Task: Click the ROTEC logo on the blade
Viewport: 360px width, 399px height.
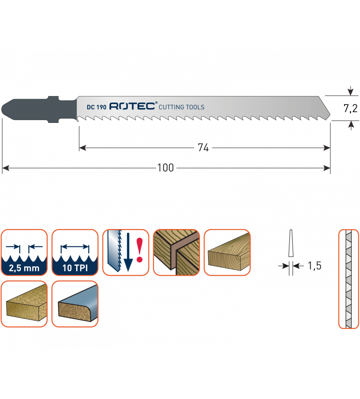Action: click(x=133, y=106)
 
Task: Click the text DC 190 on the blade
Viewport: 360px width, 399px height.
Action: click(x=96, y=107)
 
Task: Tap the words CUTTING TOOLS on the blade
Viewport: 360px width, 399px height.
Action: click(x=181, y=107)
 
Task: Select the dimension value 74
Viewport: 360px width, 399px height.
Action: click(x=203, y=148)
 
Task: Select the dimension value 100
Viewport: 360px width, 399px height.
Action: click(x=165, y=168)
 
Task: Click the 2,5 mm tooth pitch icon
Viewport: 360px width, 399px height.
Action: click(x=24, y=252)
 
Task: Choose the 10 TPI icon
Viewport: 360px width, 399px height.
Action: click(x=75, y=252)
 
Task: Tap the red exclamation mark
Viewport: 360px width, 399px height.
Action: click(x=139, y=250)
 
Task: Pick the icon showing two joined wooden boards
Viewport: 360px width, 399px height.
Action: click(x=176, y=252)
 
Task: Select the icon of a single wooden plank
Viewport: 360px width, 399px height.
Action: click(x=227, y=252)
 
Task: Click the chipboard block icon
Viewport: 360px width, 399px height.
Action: click(x=24, y=304)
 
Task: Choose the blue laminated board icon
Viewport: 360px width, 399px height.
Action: click(x=75, y=304)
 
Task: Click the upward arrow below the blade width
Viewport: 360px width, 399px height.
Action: click(x=350, y=125)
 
